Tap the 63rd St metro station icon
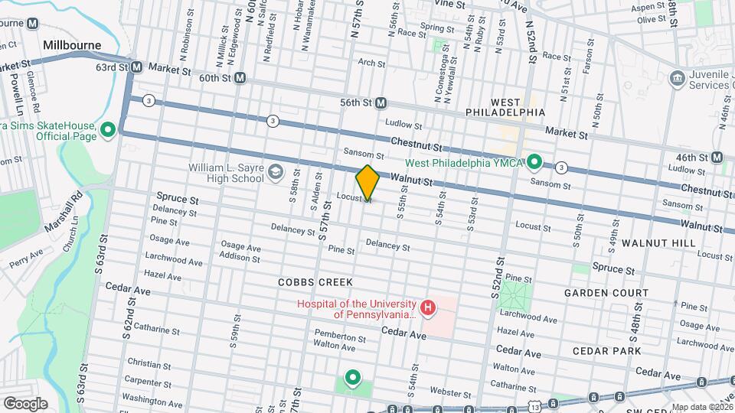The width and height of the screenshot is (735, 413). click(x=136, y=67)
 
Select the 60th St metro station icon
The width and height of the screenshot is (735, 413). click(x=240, y=78)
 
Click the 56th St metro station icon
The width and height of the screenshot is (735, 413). click(x=381, y=102)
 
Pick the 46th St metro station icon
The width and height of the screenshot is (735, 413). click(x=717, y=158)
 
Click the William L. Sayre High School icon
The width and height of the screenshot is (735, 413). click(x=275, y=174)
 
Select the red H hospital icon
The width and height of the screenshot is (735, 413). click(x=427, y=309)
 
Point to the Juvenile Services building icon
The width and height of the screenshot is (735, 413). click(x=676, y=78)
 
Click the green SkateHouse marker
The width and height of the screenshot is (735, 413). click(x=108, y=130)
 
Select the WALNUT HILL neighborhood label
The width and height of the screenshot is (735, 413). click(x=658, y=242)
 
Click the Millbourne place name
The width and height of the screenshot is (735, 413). click(x=72, y=45)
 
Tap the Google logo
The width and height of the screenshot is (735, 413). click(x=25, y=403)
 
